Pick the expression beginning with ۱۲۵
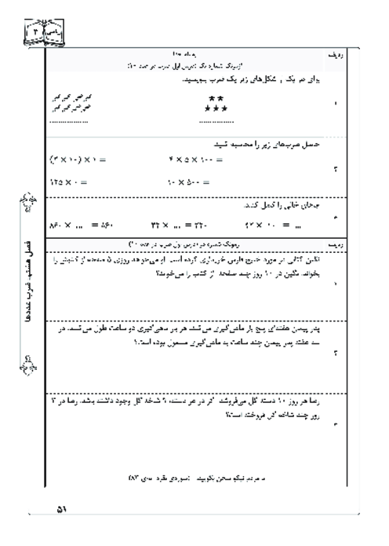coord(67,181)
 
